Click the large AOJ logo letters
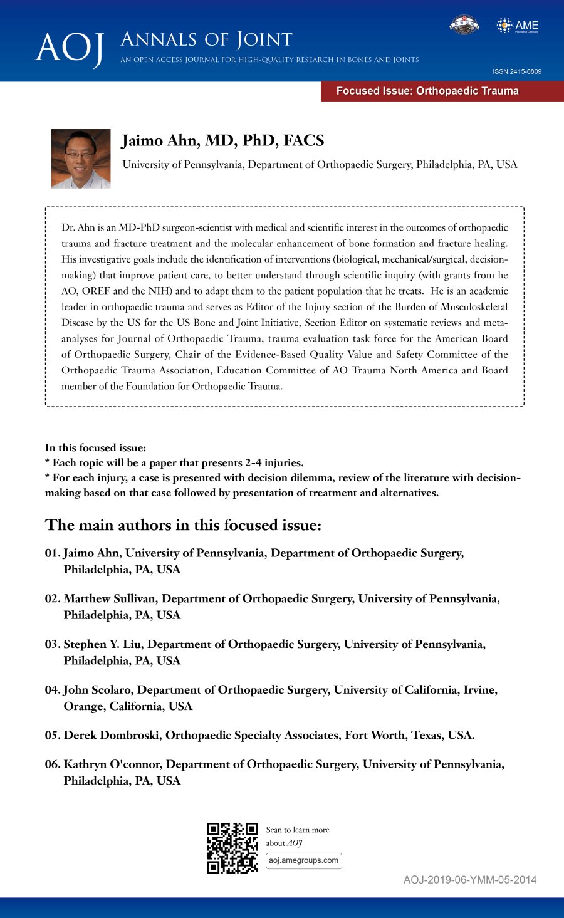[x=69, y=48]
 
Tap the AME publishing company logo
[x=517, y=26]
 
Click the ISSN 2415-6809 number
[x=517, y=71]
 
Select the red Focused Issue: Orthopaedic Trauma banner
[x=442, y=91]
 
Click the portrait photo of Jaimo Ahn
[x=81, y=159]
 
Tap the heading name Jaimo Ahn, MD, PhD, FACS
[x=222, y=140]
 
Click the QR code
[x=232, y=847]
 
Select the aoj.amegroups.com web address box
[x=303, y=860]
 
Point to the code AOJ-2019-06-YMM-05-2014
[x=469, y=880]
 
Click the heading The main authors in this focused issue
[x=183, y=525]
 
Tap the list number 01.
[x=52, y=553]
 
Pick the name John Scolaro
[x=97, y=690]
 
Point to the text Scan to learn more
[x=298, y=830]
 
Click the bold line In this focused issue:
[x=95, y=448]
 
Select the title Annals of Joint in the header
[x=206, y=40]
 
